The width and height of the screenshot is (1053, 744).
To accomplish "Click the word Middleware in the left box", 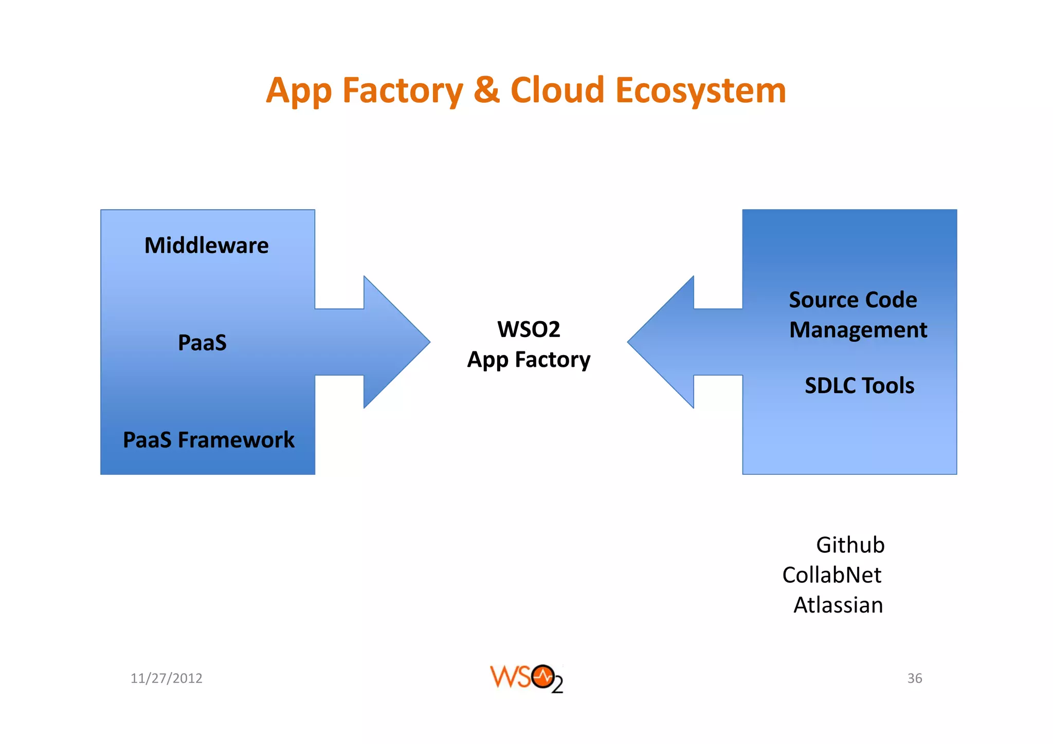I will (x=206, y=246).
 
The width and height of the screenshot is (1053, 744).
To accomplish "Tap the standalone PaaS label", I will (x=202, y=343).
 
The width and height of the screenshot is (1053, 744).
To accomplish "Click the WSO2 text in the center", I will (x=529, y=329).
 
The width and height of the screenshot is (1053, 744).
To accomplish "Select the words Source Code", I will (x=852, y=300).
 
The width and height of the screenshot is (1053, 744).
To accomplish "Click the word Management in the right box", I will (x=858, y=330).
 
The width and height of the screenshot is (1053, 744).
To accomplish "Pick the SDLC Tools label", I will (x=859, y=385).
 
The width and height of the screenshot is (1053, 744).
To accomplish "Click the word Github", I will (x=850, y=545).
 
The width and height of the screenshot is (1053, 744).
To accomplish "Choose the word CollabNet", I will (x=831, y=575).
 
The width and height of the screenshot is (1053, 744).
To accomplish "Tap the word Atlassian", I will (x=838, y=605).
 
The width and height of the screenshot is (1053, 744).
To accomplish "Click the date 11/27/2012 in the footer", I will (x=166, y=678).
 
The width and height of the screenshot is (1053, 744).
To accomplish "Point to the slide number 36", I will (x=914, y=678).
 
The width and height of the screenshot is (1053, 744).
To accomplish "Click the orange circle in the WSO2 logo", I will (x=543, y=677).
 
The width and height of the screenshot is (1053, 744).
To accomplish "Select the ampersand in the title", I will (x=486, y=90).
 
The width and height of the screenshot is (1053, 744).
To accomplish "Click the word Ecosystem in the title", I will (x=700, y=91).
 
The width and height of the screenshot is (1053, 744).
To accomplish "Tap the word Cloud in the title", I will (x=557, y=90).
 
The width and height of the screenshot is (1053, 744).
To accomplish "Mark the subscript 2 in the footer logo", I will (x=557, y=685).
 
